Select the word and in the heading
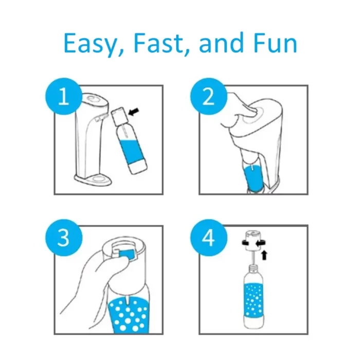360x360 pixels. pos(221,43)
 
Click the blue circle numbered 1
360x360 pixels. pos(64,97)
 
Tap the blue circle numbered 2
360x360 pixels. pos(208,97)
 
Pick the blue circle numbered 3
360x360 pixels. pos(64,238)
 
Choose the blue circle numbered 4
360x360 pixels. pos(208,238)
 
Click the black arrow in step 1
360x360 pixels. pos(134,112)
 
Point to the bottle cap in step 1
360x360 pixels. pos(119,115)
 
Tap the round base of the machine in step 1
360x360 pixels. pos(93,179)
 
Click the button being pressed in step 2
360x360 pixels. pos(253,114)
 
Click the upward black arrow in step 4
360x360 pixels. pos(264,255)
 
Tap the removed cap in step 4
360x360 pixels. pos(253,240)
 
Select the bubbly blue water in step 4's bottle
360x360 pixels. pos(255,300)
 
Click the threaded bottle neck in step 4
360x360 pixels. pos(254,268)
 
